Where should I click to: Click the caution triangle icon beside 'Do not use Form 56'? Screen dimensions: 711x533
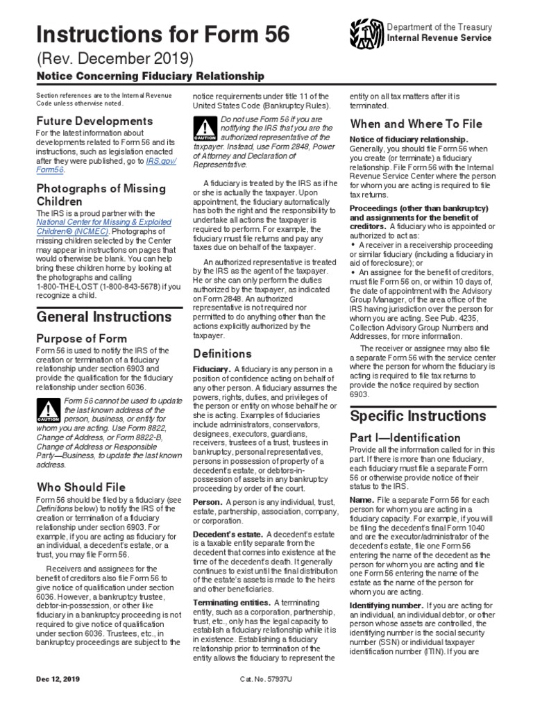tap(206, 129)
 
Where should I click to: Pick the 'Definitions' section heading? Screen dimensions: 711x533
tap(222, 353)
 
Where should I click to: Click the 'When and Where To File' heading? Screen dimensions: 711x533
tap(416, 124)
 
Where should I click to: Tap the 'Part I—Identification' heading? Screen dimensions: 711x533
tap(405, 438)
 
